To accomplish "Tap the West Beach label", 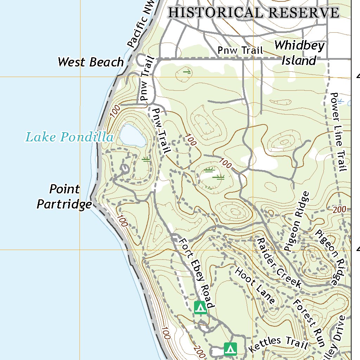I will point(91,62).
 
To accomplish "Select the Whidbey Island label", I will point(299,53).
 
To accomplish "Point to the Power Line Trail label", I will point(338,132).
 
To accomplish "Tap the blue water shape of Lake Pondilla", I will point(133,136).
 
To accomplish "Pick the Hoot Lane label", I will point(255,285).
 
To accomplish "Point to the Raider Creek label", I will point(279,262).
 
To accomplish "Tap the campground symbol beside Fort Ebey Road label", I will point(200,308).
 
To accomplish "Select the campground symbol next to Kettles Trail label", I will point(230,349).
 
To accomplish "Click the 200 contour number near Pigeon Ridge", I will point(339,210).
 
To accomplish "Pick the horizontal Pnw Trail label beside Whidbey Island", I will point(240,50).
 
